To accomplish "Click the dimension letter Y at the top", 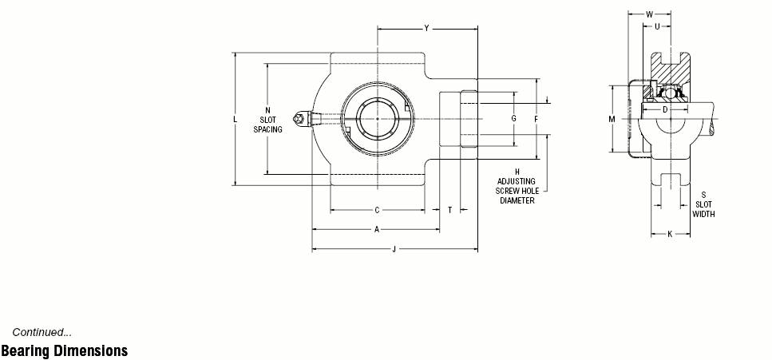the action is pyautogui.click(x=426, y=29).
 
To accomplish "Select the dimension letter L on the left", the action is pyautogui.click(x=236, y=119).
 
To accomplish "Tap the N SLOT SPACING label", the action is pyautogui.click(x=267, y=120).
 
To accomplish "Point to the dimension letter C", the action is pyautogui.click(x=377, y=210).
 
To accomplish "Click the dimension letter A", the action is pyautogui.click(x=377, y=230).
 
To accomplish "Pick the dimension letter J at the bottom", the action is pyautogui.click(x=394, y=249).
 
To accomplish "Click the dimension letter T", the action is pyautogui.click(x=450, y=210).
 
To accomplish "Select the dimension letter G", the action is pyautogui.click(x=513, y=119).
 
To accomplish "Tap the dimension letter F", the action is pyautogui.click(x=536, y=119).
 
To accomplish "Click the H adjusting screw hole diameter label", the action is pyautogui.click(x=517, y=186).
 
